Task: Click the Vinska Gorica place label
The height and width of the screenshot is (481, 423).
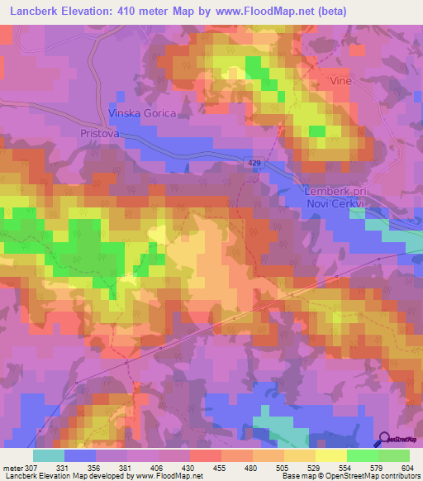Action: [142, 113]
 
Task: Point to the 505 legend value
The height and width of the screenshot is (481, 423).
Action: [281, 468]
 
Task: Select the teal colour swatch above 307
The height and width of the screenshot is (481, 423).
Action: [49, 455]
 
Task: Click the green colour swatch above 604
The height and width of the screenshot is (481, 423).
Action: [393, 455]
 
